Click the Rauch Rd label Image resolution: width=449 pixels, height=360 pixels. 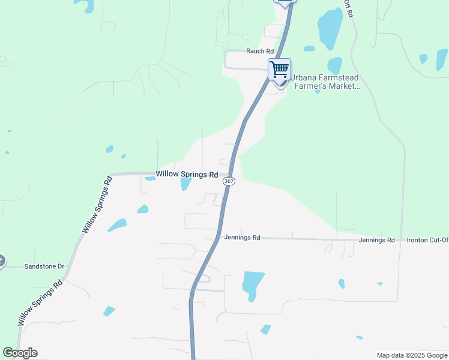(x=260, y=52)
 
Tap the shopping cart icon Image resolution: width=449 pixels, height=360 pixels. (x=279, y=69)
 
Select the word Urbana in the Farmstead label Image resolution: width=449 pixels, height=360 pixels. (x=304, y=77)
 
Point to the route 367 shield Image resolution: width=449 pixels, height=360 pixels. (x=228, y=181)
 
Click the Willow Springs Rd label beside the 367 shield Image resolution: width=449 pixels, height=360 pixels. (x=187, y=175)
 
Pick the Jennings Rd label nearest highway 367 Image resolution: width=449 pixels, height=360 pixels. (x=242, y=238)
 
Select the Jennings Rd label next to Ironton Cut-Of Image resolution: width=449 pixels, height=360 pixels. (x=377, y=240)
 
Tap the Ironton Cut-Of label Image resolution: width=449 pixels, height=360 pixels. (x=427, y=240)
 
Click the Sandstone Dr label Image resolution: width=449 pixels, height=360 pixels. (x=44, y=266)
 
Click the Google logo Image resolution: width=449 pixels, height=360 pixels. (x=20, y=353)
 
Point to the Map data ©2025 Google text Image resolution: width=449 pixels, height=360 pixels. (x=412, y=355)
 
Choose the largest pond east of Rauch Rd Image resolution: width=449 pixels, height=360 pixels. (x=330, y=28)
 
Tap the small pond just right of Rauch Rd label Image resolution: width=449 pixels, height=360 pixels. (x=309, y=49)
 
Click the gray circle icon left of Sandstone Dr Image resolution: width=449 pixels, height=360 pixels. (x=2, y=261)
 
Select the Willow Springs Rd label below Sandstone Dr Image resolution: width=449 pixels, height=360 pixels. (x=40, y=303)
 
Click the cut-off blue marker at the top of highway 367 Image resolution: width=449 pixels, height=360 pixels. (x=285, y=2)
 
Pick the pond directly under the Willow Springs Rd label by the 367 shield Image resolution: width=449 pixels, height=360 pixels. (x=186, y=184)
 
